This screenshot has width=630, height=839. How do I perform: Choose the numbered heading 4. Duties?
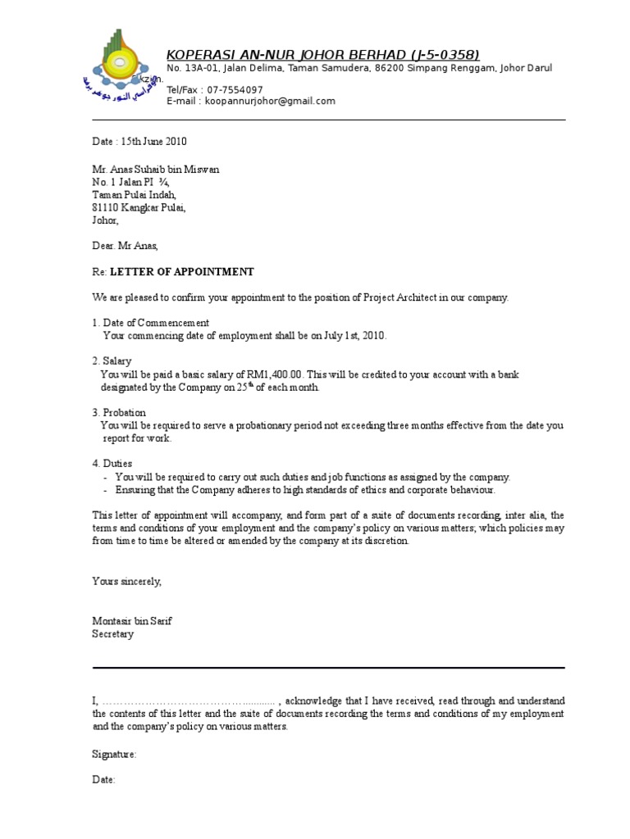(112, 464)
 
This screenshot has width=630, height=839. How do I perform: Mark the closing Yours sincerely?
(127, 581)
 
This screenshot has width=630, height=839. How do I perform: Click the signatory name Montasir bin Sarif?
(132, 621)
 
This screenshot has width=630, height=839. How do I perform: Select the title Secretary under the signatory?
(112, 634)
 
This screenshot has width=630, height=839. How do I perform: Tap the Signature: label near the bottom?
(114, 753)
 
